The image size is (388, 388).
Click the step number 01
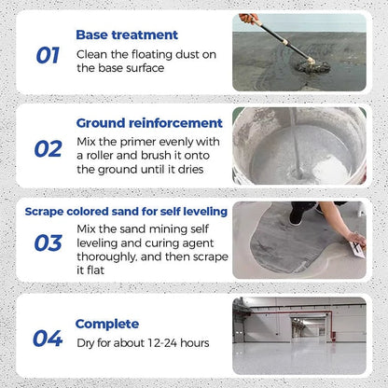pos(48,55)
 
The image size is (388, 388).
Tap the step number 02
pos(48,148)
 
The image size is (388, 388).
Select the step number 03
pos(48,243)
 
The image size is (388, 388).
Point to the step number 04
pos(48,338)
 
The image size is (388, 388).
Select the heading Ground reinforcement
pos(149,122)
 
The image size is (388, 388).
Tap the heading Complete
pos(107,324)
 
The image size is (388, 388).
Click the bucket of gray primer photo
pos(298,146)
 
